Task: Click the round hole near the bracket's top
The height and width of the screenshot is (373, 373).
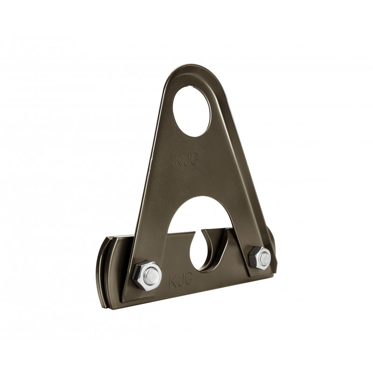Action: [x=192, y=111]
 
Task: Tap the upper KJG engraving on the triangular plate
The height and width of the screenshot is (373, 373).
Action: [x=186, y=160]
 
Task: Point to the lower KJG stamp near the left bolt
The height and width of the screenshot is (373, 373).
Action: [x=180, y=282]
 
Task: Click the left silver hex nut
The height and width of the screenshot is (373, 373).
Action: [x=147, y=276]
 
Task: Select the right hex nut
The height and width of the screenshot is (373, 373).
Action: [x=259, y=259]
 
